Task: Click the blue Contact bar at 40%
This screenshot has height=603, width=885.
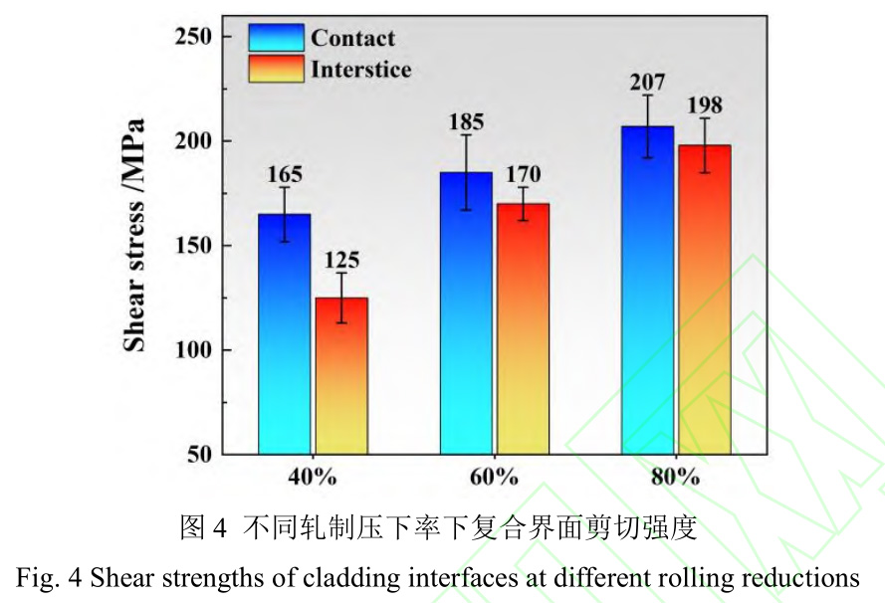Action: (x=284, y=333)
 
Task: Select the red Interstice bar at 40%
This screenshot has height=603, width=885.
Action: (x=341, y=375)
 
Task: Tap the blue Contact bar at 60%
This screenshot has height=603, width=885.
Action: (x=465, y=313)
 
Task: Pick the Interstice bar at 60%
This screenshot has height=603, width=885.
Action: (x=523, y=328)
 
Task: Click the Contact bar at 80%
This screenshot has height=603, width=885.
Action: (x=647, y=290)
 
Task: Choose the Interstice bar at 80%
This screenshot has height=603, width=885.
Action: (x=705, y=300)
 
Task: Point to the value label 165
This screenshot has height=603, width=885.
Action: (x=285, y=175)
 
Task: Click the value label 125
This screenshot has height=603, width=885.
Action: (x=341, y=261)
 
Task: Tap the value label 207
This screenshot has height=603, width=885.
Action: (x=647, y=83)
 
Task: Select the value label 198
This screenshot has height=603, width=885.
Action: (x=705, y=105)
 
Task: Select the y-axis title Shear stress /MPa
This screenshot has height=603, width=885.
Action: (x=134, y=236)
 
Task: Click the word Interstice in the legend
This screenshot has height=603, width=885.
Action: (x=360, y=69)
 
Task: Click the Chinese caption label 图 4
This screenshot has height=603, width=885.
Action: (x=204, y=527)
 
